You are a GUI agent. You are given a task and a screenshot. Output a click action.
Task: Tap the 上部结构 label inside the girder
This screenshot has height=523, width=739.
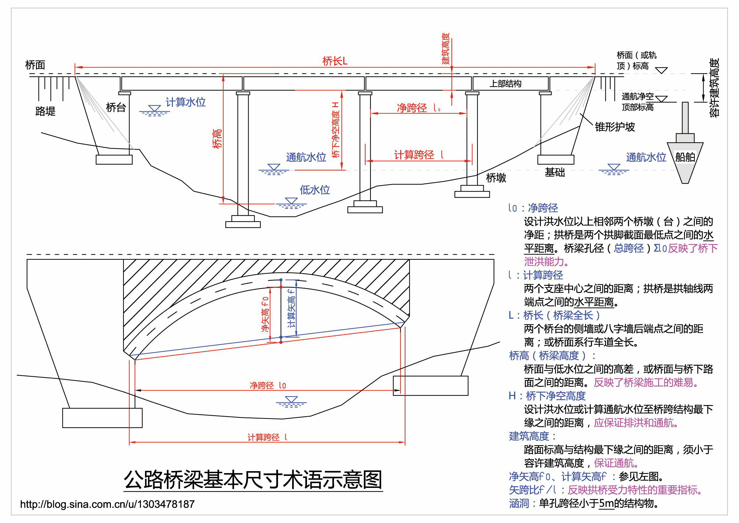[x=505, y=84]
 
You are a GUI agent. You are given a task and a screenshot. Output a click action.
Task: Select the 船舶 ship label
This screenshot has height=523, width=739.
[x=685, y=157]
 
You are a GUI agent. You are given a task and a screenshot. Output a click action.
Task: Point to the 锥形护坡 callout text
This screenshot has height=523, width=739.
[x=615, y=127]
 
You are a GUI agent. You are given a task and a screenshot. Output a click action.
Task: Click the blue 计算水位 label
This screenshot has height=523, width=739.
[x=185, y=102]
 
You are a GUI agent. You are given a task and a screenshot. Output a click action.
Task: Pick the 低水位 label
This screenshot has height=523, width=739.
[x=315, y=190]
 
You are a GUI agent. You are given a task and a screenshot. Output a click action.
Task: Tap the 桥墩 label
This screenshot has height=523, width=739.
[x=496, y=177]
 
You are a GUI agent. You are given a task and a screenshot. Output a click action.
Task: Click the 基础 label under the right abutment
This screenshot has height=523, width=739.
[x=554, y=172]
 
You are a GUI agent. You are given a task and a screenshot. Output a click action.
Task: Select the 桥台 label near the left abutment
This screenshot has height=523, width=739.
[x=116, y=107]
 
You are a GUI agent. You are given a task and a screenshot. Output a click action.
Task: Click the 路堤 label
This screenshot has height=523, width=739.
[x=45, y=111]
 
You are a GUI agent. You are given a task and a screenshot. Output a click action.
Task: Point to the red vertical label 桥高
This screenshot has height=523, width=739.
[x=217, y=138]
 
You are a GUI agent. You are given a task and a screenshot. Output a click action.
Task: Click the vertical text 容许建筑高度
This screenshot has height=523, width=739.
[x=714, y=88]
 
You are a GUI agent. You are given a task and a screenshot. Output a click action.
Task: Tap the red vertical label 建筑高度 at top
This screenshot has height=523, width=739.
[x=445, y=48]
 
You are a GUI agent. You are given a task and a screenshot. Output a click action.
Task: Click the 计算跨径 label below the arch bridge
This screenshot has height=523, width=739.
[x=267, y=437]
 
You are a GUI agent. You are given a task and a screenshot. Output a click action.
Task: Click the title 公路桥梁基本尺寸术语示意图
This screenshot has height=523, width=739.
[x=253, y=480]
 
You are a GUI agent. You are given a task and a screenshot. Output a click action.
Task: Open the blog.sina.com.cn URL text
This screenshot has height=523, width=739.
[x=107, y=504]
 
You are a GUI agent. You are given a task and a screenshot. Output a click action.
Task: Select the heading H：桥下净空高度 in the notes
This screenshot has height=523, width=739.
[x=547, y=396]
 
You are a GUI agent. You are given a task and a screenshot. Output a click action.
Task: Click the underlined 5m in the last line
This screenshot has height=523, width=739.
[x=606, y=503]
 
